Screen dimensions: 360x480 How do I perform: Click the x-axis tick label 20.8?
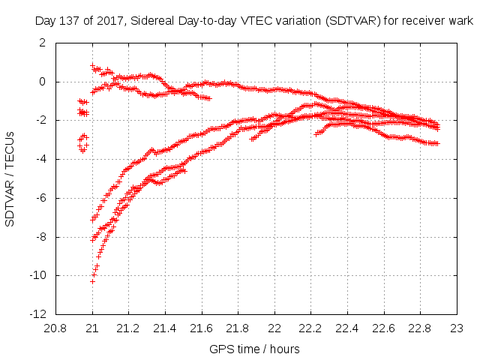click(56, 328)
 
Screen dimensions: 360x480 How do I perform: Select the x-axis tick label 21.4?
click(165, 328)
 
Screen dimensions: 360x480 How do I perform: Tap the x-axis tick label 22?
click(274, 328)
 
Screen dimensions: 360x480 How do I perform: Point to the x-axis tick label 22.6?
click(384, 328)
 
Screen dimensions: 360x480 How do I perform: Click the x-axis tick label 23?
click(457, 328)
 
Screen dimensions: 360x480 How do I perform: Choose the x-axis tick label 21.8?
click(238, 328)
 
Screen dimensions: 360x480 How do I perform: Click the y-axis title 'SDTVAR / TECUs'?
click(10, 178)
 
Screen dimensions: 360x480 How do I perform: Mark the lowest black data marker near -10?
click(92, 281)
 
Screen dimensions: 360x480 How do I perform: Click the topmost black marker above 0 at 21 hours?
click(92, 66)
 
